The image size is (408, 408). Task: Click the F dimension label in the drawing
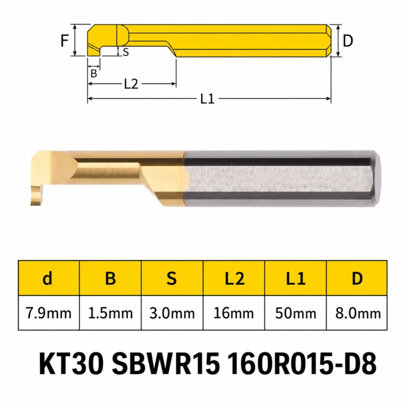pyautogui.click(x=65, y=41)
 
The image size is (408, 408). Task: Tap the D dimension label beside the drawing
pyautogui.click(x=348, y=41)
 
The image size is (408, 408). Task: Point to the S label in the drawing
pyautogui.click(x=126, y=52)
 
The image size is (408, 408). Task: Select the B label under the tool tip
pyautogui.click(x=94, y=73)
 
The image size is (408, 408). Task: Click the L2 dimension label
pyautogui.click(x=132, y=84)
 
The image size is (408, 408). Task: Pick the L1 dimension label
pyautogui.click(x=207, y=99)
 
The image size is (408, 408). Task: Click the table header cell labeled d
pyautogui.click(x=48, y=278)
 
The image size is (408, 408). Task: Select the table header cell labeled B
pyautogui.click(x=110, y=278)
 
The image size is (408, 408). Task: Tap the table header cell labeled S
pyautogui.click(x=172, y=278)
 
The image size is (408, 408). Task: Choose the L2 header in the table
pyautogui.click(x=234, y=278)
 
